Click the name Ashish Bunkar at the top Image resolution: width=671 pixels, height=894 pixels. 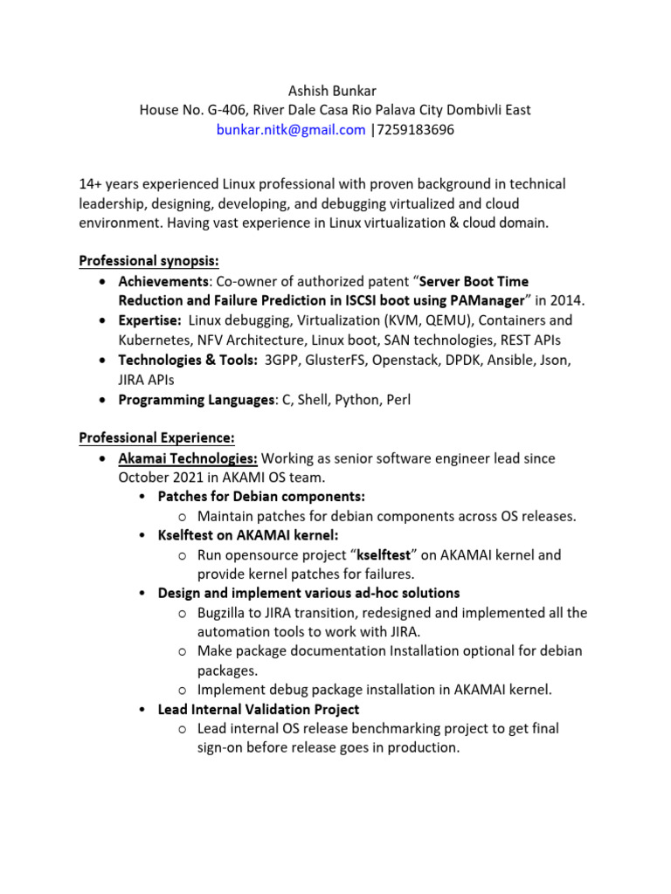click(335, 91)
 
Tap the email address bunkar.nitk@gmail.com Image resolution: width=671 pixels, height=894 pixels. click(291, 130)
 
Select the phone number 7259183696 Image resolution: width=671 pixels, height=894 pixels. click(415, 130)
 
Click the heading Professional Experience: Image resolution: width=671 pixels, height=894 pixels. click(156, 437)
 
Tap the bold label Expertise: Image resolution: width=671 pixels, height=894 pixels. click(150, 320)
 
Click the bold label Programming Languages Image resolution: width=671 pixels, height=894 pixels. click(197, 400)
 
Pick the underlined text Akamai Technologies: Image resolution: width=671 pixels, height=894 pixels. click(188, 458)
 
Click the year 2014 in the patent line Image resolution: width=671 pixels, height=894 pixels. click(568, 301)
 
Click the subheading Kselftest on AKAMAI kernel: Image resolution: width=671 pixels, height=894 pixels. click(247, 535)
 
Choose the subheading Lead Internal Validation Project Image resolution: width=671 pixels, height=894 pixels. click(258, 710)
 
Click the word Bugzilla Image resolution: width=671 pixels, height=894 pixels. click(224, 613)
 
